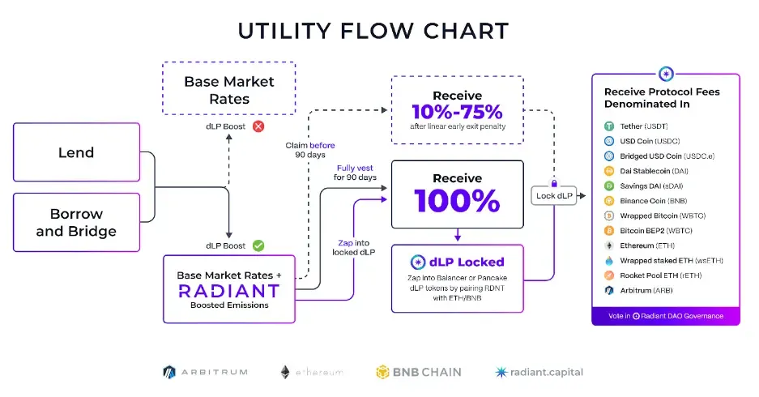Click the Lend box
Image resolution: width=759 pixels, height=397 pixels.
pos(76,152)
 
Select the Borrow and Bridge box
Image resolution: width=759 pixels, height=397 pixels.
pos(76,223)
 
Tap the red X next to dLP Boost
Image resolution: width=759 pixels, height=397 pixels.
pos(258,126)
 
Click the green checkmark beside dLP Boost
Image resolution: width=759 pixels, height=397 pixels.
pos(258,245)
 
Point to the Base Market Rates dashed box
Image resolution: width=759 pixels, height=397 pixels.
pos(228,90)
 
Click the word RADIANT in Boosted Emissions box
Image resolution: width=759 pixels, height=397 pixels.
pos(228,291)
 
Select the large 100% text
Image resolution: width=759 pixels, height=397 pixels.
pos(457,200)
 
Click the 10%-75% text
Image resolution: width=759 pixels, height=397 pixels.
pos(457,111)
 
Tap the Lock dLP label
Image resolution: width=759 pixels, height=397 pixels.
pos(556,196)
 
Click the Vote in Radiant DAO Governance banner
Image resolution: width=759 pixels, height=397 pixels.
pos(666,316)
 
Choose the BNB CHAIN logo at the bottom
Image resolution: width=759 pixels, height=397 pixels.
pos(418,372)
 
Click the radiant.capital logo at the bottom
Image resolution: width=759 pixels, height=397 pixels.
pos(539,372)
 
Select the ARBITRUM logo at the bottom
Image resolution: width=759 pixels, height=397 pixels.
pos(204,372)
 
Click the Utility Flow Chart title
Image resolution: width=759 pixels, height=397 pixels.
pos(373,31)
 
